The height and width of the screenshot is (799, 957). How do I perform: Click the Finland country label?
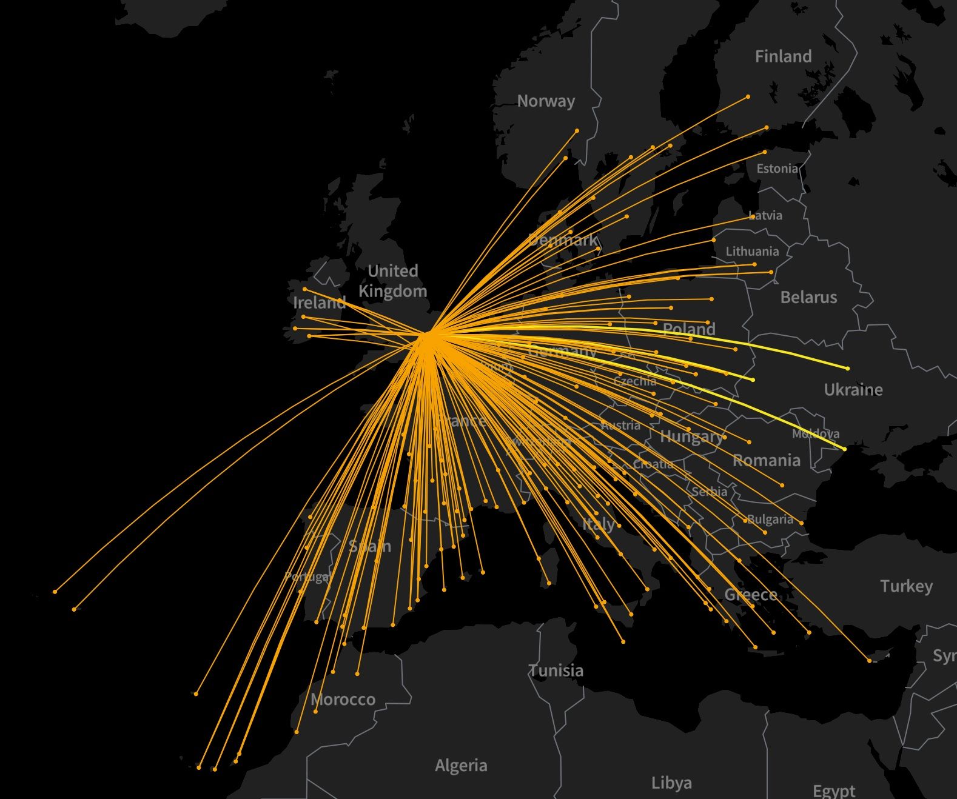(x=783, y=56)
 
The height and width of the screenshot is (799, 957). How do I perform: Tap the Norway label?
(x=546, y=101)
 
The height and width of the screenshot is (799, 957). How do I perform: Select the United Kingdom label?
(x=393, y=281)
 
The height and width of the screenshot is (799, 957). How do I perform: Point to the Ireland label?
(x=319, y=302)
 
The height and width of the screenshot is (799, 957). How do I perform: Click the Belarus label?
(x=808, y=297)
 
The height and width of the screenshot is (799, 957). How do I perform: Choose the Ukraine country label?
(x=853, y=389)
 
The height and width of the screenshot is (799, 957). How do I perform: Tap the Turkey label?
(x=906, y=586)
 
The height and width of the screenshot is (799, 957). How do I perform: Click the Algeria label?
(x=461, y=765)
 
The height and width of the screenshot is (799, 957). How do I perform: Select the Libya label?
(x=671, y=783)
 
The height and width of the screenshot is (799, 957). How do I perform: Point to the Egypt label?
(x=834, y=791)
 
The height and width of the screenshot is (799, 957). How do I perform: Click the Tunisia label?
(x=556, y=670)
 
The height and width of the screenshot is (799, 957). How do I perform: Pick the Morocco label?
(x=343, y=700)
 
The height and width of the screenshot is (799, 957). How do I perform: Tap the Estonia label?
(x=777, y=169)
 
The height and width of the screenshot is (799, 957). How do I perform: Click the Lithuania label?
(x=752, y=251)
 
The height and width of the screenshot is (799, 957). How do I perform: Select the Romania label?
(x=767, y=460)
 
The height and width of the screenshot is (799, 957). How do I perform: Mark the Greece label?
(x=751, y=595)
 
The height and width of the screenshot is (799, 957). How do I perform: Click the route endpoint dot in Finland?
(x=748, y=96)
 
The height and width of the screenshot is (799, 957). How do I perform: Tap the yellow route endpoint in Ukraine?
(x=847, y=368)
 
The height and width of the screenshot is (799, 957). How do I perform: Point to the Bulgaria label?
(x=770, y=519)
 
